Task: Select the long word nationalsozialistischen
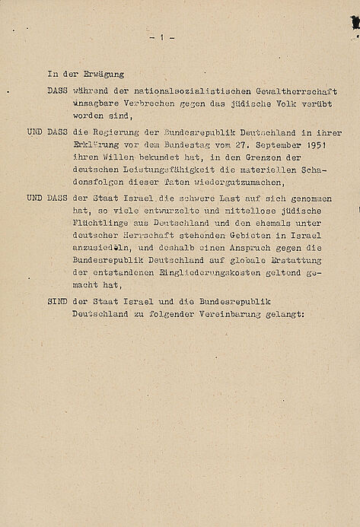(164, 89)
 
